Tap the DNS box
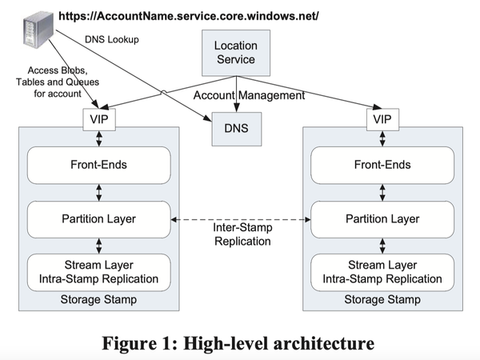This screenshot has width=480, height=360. (x=234, y=126)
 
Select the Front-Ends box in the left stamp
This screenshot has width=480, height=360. (x=98, y=166)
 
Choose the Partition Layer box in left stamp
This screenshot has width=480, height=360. (x=98, y=218)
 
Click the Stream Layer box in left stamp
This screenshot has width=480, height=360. (x=98, y=272)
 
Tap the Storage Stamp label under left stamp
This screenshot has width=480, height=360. (x=98, y=300)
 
